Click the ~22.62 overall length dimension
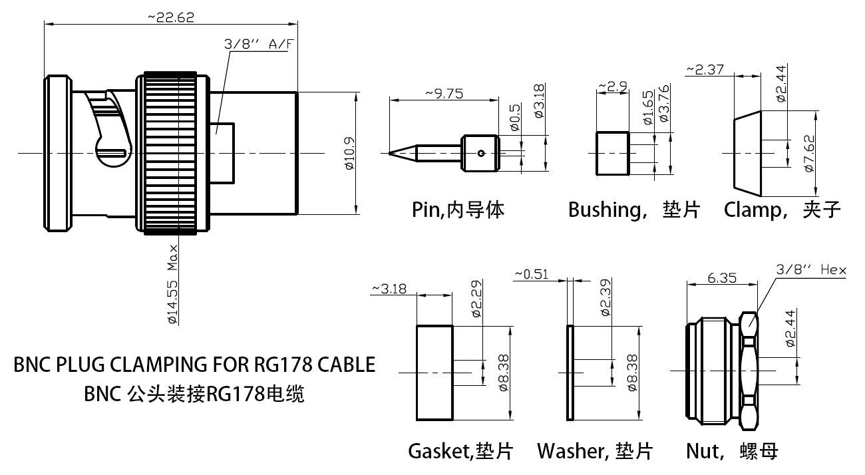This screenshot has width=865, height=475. click(x=171, y=18)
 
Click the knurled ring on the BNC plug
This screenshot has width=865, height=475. click(x=170, y=154)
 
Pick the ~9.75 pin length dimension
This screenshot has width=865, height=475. click(x=444, y=94)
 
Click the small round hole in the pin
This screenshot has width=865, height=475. click(x=480, y=154)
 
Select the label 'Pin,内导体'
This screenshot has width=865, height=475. click(x=458, y=210)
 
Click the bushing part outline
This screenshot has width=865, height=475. click(x=612, y=154)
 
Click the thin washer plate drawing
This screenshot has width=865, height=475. click(x=570, y=373)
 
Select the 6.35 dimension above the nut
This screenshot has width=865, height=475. click(x=721, y=278)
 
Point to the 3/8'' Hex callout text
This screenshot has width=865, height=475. click(x=812, y=269)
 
